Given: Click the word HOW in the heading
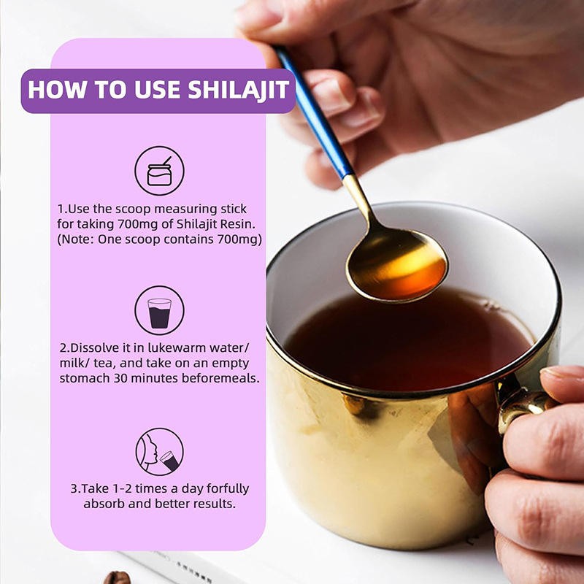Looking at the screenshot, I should pyautogui.click(x=52, y=90).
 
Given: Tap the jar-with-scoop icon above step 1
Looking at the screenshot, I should pyautogui.click(x=159, y=170).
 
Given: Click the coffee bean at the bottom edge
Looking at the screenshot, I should pyautogui.click(x=117, y=577).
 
